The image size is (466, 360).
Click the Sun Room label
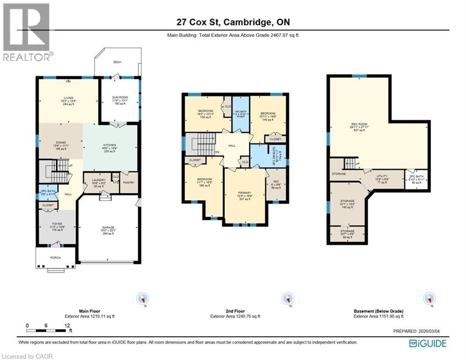coord(119,97)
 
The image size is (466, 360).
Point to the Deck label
coord(117,62)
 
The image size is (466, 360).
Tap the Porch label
coord(56,257)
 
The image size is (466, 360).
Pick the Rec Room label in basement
coord(359,125)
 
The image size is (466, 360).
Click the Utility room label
coord(382,176)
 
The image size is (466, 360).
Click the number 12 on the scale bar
coord(67,325)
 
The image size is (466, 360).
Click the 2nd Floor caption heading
coord(232,311)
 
